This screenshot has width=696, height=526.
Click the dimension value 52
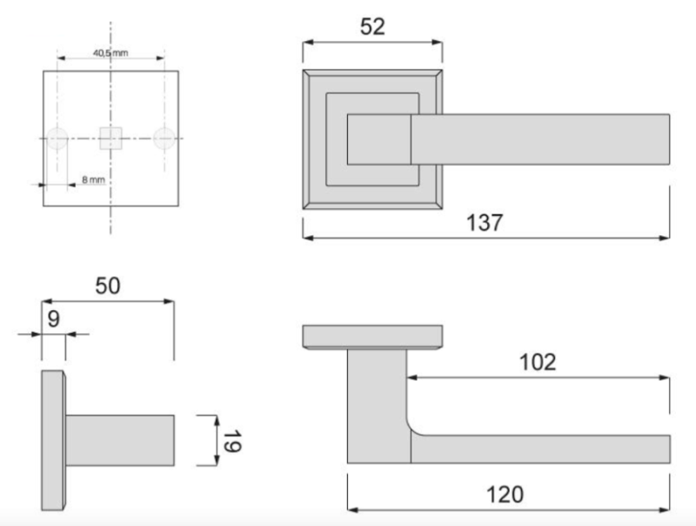(372, 26)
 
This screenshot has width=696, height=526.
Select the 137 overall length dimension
(485, 222)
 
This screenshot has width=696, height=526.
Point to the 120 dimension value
(505, 495)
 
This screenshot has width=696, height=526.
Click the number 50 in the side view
(108, 286)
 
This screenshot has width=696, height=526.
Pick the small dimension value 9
(53, 318)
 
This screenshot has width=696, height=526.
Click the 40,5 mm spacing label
(110, 54)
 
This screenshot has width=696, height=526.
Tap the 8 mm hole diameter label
(93, 179)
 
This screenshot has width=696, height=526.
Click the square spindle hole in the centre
(110, 138)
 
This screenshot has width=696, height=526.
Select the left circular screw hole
(57, 138)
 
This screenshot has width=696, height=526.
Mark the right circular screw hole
(164, 138)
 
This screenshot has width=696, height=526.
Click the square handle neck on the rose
(378, 139)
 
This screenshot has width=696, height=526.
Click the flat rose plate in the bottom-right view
(372, 336)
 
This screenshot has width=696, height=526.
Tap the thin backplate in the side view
(53, 441)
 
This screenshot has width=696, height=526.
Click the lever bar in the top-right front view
(539, 139)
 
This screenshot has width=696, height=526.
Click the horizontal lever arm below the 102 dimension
(539, 448)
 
